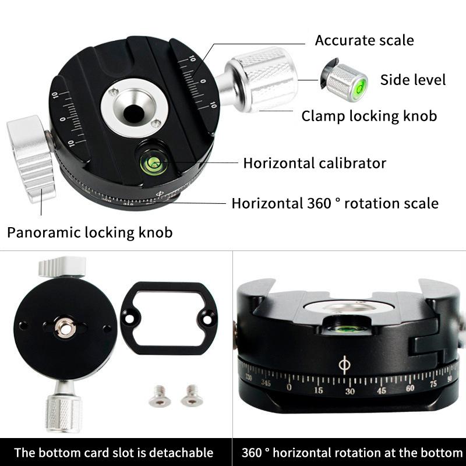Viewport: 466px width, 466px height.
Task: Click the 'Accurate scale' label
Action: pos(364,40)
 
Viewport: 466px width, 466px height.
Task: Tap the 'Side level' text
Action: pos(412,80)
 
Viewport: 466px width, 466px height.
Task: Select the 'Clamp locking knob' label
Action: pos(369,116)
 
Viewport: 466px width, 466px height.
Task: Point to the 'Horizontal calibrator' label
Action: pos(315,163)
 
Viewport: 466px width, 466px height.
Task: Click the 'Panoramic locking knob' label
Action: pos(90,233)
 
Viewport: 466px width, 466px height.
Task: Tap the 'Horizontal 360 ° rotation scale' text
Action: pos(335,203)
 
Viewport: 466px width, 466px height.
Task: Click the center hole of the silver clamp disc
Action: pos(133,109)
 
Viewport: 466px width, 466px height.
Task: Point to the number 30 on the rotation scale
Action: pos(349,391)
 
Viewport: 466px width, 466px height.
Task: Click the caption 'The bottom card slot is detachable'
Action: pos(114,453)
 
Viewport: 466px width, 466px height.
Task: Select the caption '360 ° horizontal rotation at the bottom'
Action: pos(352,453)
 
